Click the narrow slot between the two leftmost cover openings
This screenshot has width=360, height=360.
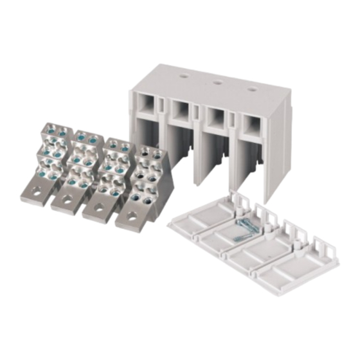pyautogui.click(x=165, y=105)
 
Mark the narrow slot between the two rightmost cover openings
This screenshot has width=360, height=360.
pyautogui.click(x=235, y=120)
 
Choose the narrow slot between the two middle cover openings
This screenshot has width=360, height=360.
pyautogui.click(x=200, y=113)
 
